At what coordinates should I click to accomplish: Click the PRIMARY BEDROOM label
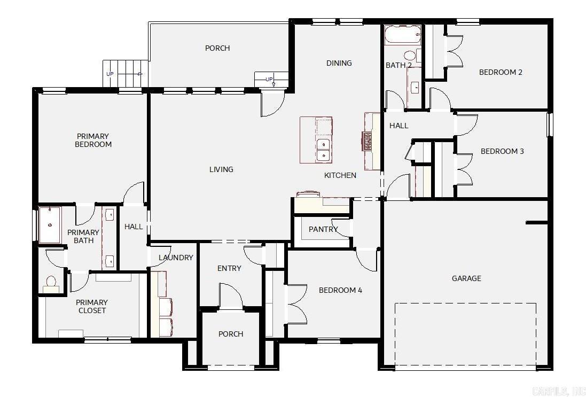point(93,140)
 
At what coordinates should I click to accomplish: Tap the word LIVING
point(221,169)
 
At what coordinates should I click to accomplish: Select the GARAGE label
point(466,278)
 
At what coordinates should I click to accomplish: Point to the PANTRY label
point(323,229)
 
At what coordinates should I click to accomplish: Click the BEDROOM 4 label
point(340,290)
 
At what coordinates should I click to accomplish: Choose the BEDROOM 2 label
point(501,72)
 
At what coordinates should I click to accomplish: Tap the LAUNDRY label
point(176,258)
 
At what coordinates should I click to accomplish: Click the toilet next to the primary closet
point(51,283)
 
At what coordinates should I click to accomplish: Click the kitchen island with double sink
point(316,140)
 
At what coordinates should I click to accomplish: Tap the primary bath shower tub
point(50,225)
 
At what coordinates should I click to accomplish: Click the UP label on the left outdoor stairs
point(110,74)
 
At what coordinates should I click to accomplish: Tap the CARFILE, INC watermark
point(562,390)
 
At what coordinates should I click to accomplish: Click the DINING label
point(339,63)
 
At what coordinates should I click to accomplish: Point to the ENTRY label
point(229,268)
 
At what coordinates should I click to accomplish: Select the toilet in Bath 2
point(410,55)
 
